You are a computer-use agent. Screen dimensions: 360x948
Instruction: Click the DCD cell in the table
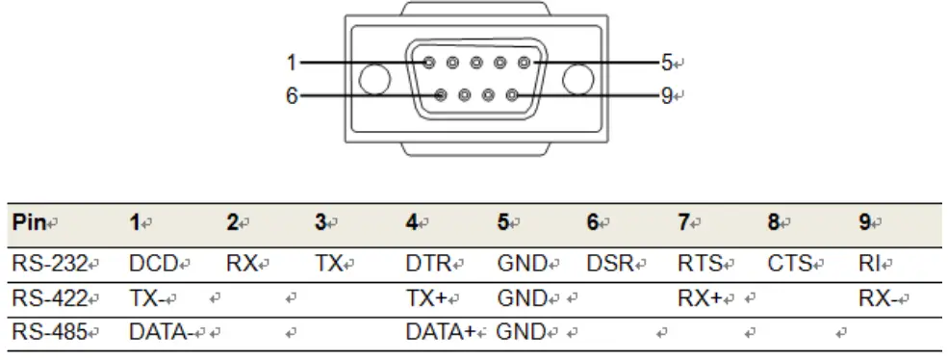[x=151, y=262]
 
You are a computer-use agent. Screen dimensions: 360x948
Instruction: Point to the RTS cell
[x=700, y=262]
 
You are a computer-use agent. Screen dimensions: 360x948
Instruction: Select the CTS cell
[x=790, y=262]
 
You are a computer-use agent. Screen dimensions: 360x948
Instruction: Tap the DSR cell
[x=610, y=262]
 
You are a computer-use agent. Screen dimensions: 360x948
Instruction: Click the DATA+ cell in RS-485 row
[x=442, y=333]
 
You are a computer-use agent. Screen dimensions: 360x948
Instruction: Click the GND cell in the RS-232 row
[x=521, y=262]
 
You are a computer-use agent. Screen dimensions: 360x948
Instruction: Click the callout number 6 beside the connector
[x=291, y=95]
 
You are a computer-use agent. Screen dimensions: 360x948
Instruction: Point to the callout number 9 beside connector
[x=667, y=95]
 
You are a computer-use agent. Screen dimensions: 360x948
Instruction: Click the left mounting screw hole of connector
[x=372, y=79]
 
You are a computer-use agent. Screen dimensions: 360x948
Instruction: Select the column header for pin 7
[x=681, y=222]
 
